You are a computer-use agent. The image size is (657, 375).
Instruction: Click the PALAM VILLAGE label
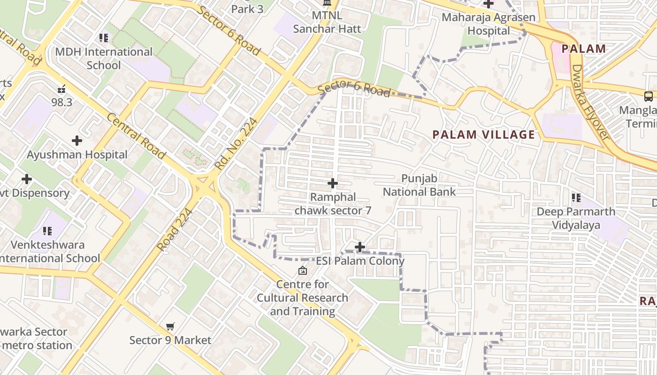click(x=483, y=135)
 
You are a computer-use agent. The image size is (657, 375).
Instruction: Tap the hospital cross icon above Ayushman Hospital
click(x=77, y=140)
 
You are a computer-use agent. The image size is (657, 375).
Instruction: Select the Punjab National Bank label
click(x=419, y=185)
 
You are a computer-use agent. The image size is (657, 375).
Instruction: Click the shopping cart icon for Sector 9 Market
click(x=170, y=326)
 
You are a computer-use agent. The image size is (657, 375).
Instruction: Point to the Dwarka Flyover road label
click(x=590, y=103)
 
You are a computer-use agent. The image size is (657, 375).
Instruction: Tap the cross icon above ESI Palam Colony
click(x=360, y=247)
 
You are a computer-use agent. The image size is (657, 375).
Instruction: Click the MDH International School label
click(x=104, y=58)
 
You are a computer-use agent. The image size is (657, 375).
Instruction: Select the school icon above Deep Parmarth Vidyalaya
click(x=576, y=198)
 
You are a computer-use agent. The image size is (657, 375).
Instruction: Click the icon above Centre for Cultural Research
click(x=303, y=270)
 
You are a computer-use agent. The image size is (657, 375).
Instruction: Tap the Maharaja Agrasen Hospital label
click(x=489, y=24)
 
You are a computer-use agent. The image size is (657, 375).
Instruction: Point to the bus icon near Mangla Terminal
click(x=649, y=97)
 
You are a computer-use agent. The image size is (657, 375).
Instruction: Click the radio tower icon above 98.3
click(x=61, y=89)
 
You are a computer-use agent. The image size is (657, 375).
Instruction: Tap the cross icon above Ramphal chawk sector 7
click(x=333, y=183)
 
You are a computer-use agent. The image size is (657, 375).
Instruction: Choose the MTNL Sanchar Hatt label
click(x=327, y=22)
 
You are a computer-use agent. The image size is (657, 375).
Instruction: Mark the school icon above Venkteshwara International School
click(x=47, y=231)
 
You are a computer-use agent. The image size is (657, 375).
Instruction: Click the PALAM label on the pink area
click(x=583, y=49)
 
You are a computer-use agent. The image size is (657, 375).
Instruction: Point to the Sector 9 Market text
click(x=170, y=340)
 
